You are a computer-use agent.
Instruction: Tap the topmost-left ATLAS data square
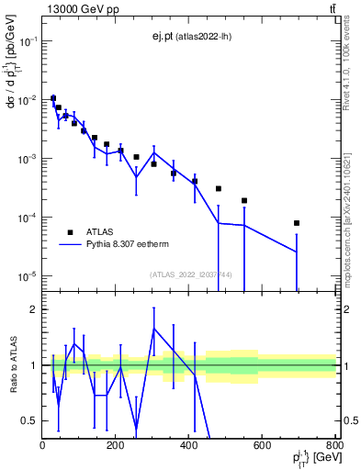[53, 98]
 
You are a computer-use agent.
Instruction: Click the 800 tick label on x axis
[335, 444]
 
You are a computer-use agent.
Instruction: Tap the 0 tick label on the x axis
[43, 444]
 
